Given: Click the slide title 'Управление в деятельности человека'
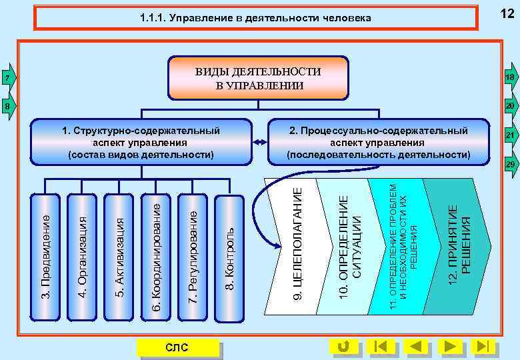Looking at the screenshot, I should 256,18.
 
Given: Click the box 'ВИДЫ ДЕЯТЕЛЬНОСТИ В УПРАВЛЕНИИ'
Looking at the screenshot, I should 259,78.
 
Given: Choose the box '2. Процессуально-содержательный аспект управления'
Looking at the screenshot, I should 378,142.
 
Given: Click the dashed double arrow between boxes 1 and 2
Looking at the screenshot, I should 260,142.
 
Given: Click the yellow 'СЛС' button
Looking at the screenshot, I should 177,347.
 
